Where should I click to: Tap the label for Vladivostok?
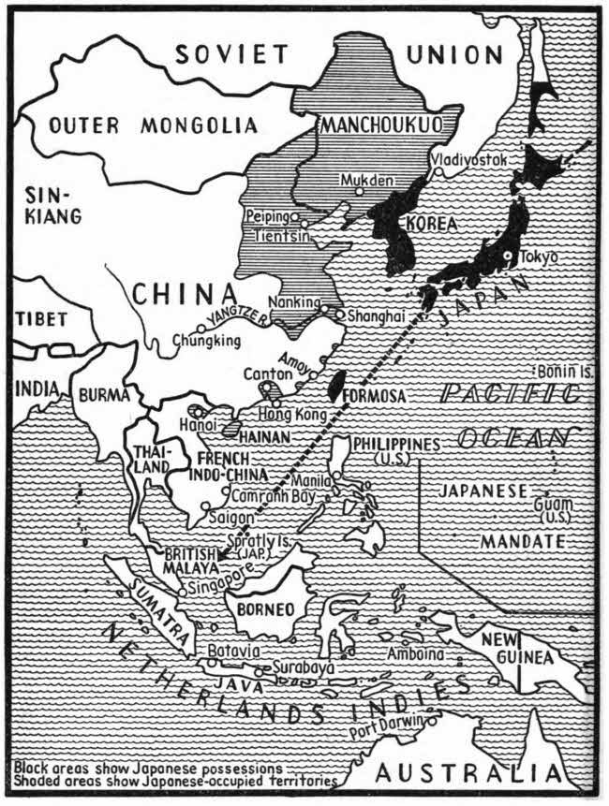tap(469, 161)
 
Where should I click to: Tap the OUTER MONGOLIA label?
tap(138, 125)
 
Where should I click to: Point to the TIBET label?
tap(42, 319)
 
